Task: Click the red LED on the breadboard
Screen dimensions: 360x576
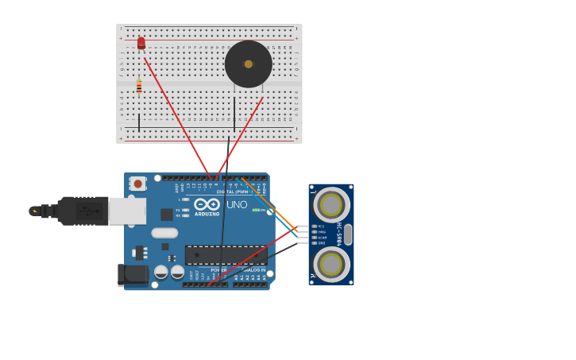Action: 141,43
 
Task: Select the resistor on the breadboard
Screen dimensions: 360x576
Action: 139,87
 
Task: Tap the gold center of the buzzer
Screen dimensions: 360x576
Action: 249,64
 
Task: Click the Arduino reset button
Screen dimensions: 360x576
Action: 137,184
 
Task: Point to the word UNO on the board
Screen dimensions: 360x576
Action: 237,205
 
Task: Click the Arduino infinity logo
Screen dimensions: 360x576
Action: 207,204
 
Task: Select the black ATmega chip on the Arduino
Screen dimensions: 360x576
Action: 226,255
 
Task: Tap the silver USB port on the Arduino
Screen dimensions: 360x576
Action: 126,211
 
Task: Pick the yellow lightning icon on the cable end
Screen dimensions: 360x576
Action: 34,211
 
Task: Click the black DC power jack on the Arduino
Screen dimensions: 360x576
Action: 131,274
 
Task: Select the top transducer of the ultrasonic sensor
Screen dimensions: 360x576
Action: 331,205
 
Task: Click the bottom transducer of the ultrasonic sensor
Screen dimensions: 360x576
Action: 331,264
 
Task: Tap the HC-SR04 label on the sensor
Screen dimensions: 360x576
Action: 338,234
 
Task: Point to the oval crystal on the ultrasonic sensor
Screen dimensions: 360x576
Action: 348,234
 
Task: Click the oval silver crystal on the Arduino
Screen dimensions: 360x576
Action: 164,233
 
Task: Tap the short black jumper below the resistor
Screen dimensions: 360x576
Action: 139,122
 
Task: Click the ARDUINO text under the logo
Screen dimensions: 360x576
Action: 207,214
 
